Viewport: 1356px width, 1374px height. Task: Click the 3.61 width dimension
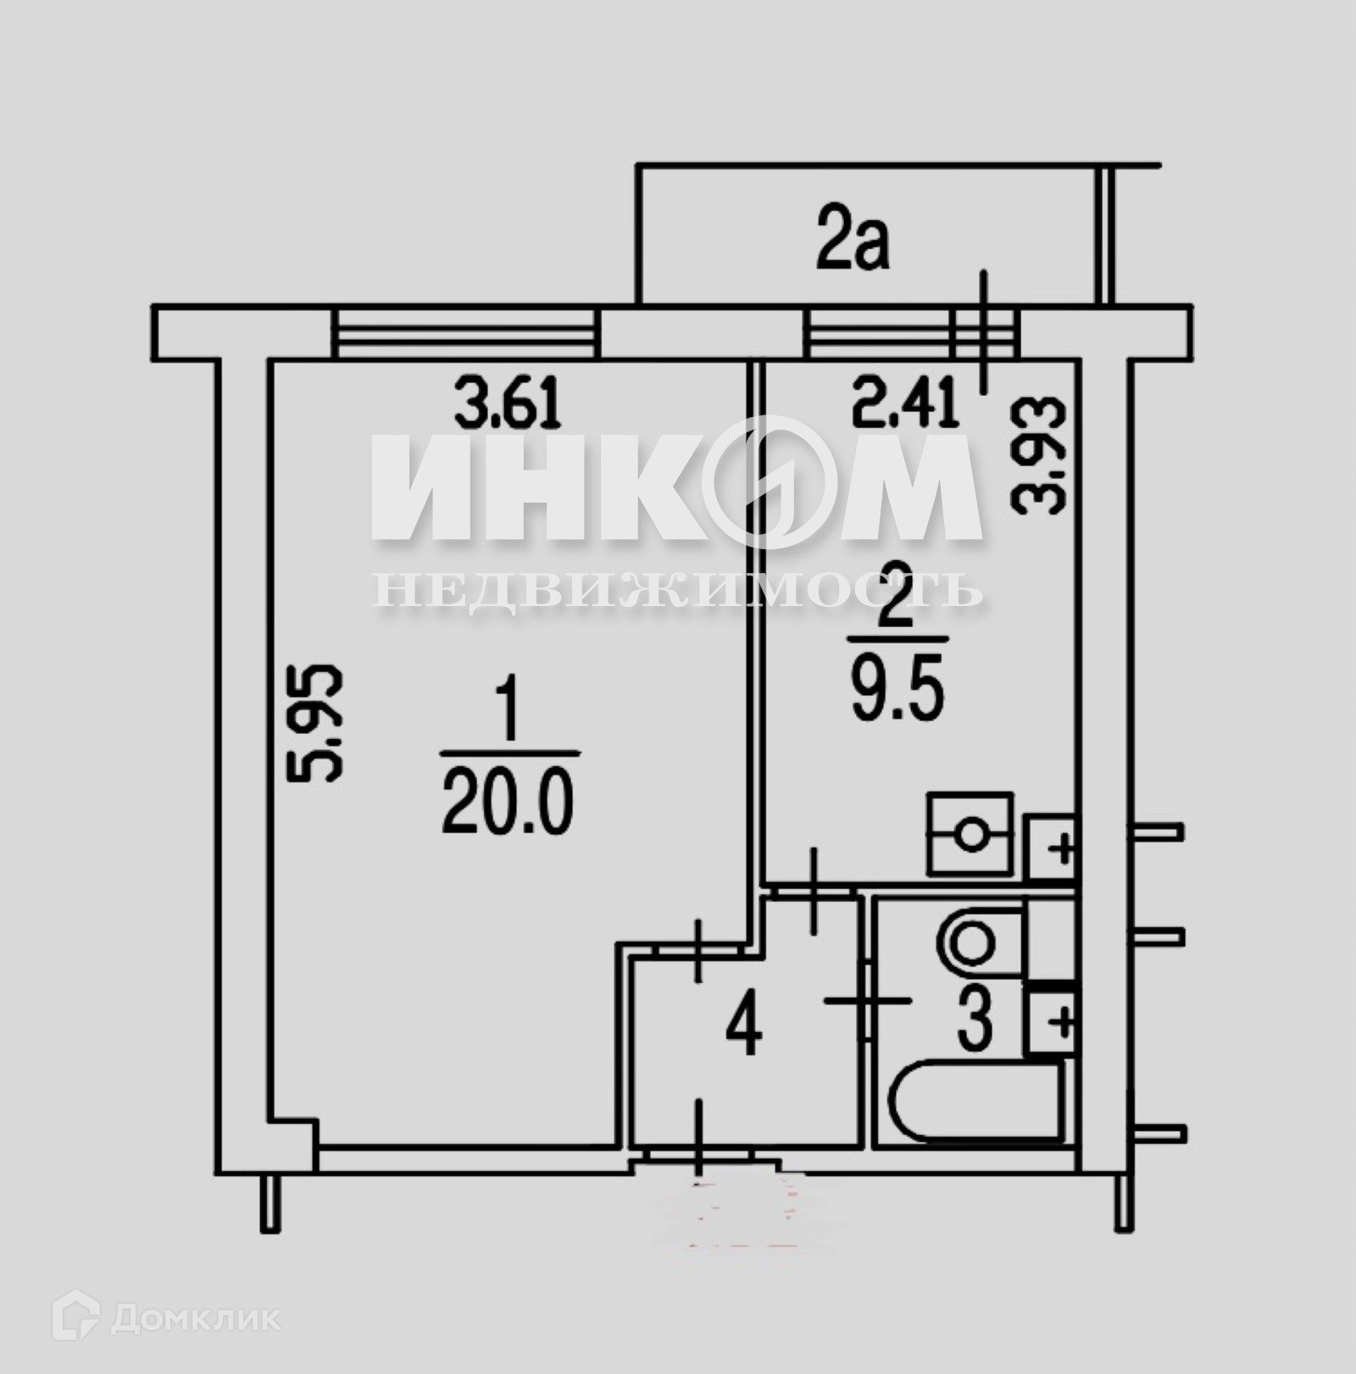click(x=508, y=404)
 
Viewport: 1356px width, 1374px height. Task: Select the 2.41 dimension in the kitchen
click(x=905, y=404)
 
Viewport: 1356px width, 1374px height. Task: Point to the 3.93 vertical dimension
click(x=1037, y=454)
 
